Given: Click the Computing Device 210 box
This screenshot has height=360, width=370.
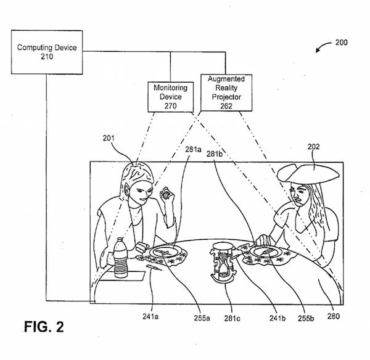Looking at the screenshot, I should [x=46, y=52].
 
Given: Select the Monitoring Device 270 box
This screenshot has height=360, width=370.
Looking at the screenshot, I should [x=170, y=97].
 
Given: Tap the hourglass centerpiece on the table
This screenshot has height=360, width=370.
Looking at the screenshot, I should [x=223, y=267].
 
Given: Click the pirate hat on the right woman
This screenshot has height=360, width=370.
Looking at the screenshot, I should [x=308, y=173].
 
